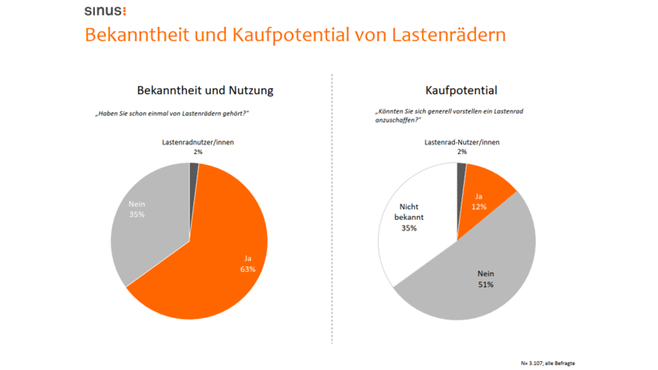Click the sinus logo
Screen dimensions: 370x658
click(106, 11)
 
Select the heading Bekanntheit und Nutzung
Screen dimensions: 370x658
click(205, 90)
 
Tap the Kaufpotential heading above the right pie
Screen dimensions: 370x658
click(461, 90)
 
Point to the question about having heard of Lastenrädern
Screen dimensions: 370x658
click(172, 113)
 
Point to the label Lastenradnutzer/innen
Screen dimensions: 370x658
click(197, 143)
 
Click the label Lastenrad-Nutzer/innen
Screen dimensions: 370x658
click(461, 143)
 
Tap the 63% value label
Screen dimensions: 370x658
click(248, 269)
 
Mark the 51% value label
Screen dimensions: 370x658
click(485, 285)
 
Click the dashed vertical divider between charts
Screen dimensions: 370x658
click(333, 203)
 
